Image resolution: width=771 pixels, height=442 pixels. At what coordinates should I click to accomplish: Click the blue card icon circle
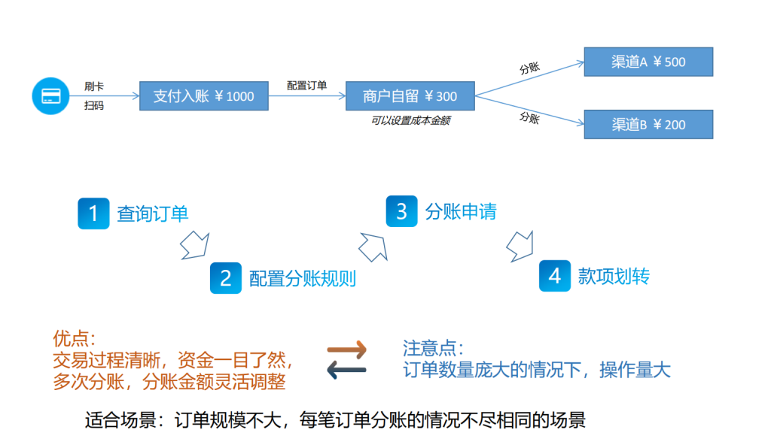tap(50, 96)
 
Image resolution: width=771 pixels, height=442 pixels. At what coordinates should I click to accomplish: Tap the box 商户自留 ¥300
tap(410, 96)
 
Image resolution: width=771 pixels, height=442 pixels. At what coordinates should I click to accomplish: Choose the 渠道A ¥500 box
tap(648, 62)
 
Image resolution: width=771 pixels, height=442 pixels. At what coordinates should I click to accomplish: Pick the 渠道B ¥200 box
tap(648, 125)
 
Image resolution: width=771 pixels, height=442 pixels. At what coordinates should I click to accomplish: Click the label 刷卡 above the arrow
tap(95, 86)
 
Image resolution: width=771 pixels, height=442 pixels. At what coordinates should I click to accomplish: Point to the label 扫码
tap(94, 106)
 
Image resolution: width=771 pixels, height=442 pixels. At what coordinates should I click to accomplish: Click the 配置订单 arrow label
tap(307, 85)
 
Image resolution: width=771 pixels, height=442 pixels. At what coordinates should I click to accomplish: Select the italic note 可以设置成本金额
tap(410, 120)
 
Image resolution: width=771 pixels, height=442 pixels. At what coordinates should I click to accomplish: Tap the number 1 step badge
tap(93, 213)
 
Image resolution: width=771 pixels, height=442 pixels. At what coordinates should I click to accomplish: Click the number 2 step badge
tap(225, 278)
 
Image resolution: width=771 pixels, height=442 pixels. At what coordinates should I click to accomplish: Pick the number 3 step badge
tap(401, 211)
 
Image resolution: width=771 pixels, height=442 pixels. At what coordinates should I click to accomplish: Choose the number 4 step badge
tap(555, 276)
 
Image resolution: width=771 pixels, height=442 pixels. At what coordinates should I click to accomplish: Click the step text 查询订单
tap(152, 213)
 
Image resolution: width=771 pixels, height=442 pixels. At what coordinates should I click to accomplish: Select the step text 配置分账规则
tap(303, 279)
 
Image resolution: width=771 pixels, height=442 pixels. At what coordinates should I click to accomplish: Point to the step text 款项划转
tap(613, 276)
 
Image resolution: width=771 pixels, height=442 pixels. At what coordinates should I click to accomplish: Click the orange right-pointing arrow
tap(346, 350)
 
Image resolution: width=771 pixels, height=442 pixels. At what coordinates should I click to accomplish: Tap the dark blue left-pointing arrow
tap(346, 369)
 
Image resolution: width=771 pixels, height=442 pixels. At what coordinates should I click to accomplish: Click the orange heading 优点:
tap(75, 339)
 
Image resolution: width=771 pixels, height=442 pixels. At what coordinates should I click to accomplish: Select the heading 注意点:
tap(433, 349)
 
